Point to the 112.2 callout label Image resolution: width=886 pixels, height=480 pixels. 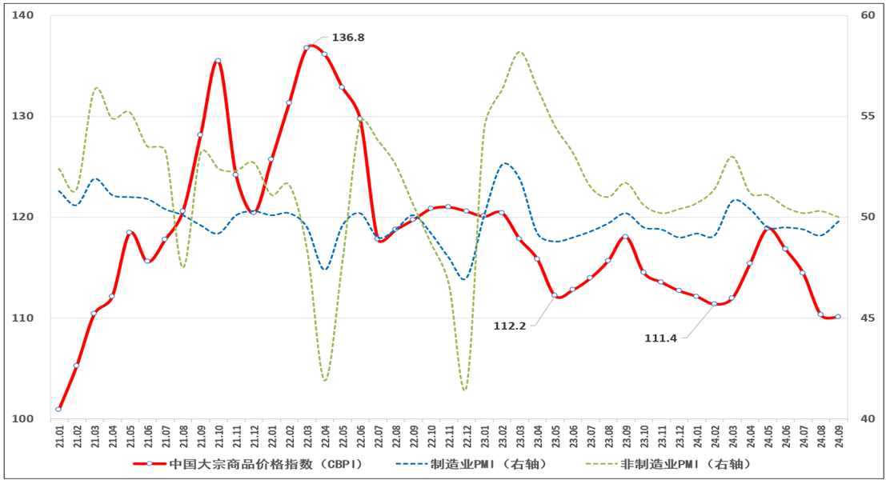click(510, 326)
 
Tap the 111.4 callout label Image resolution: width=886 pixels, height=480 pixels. click(660, 338)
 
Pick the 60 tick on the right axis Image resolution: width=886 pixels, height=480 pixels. click(868, 16)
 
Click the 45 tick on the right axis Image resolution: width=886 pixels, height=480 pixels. click(868, 318)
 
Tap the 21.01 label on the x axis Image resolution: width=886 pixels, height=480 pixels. click(59, 438)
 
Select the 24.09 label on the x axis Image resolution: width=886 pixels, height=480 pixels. click(838, 438)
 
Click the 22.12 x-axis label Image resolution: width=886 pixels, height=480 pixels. click(466, 438)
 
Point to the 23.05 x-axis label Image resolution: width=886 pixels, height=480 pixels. click(554, 438)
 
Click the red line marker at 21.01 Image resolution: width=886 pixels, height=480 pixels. click(58, 409)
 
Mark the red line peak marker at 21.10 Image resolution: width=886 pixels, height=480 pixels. click(218, 61)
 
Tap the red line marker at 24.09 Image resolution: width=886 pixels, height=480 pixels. click(838, 317)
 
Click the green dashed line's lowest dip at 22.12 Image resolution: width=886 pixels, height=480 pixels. click(464, 390)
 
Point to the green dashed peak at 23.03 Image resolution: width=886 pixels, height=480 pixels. click(519, 52)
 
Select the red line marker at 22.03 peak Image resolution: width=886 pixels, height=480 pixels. click(307, 48)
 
